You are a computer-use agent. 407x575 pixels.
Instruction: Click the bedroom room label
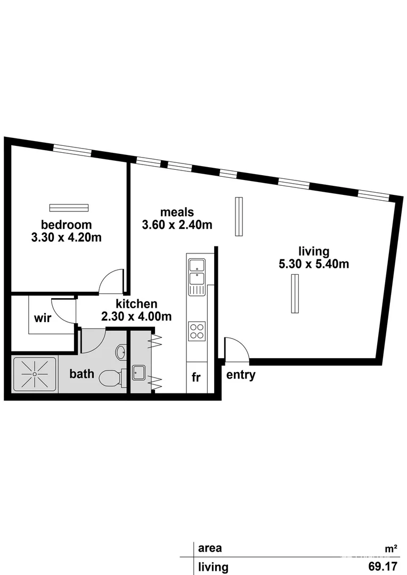[x=67, y=225]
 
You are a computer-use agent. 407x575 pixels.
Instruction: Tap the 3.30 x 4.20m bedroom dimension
[x=67, y=237]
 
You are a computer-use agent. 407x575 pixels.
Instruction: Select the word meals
[x=177, y=212]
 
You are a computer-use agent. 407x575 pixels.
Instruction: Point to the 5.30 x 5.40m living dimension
[x=314, y=264]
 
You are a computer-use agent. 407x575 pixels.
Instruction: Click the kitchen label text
[x=136, y=304]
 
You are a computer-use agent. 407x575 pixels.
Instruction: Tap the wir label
[x=42, y=318]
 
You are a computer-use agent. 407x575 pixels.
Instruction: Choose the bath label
[x=82, y=374]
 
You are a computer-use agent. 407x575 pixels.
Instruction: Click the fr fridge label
[x=196, y=377]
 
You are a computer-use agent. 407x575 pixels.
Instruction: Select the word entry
[x=241, y=375]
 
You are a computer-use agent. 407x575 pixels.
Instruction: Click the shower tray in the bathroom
[x=35, y=374]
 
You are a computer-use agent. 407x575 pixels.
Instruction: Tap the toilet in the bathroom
[x=112, y=377]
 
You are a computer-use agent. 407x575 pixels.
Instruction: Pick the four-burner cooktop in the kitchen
[x=197, y=331]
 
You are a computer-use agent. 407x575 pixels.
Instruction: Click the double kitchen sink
[x=197, y=272]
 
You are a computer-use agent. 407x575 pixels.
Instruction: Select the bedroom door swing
[x=112, y=282]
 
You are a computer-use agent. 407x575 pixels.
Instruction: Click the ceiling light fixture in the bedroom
[x=68, y=208]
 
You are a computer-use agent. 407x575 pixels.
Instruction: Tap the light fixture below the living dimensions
[x=295, y=293]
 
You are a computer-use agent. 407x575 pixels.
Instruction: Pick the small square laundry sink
[x=139, y=372]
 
